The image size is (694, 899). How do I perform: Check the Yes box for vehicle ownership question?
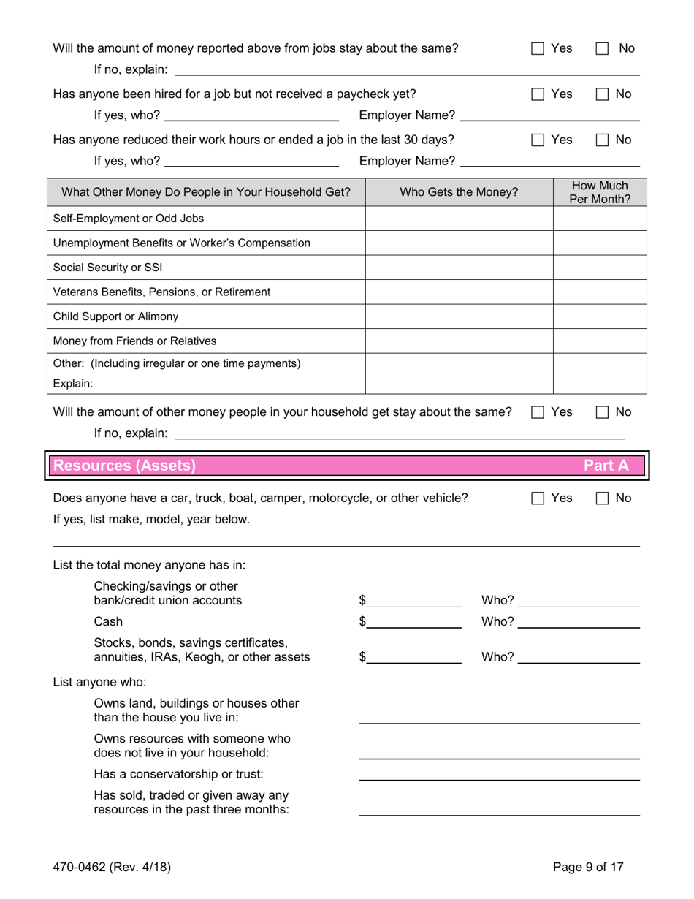538,498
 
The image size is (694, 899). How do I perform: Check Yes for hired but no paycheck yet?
538,94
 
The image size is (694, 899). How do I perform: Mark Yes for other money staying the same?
538,412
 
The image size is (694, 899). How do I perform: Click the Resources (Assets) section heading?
125,466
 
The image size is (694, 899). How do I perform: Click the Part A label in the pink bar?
606,466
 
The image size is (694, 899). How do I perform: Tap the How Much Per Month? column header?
600,192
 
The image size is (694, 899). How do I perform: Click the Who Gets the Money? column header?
459,192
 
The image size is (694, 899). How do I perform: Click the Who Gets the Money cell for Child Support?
459,316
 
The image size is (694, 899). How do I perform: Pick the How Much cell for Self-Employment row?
600,219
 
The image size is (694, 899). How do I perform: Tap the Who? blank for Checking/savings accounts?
581,601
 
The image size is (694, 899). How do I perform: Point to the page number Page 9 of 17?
588,868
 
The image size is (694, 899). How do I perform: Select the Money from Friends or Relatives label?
134,341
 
